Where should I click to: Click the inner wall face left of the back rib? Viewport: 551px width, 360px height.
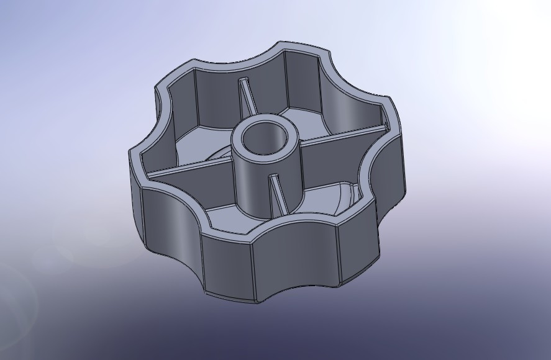214,93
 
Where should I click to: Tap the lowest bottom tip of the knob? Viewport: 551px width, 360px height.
258,303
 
